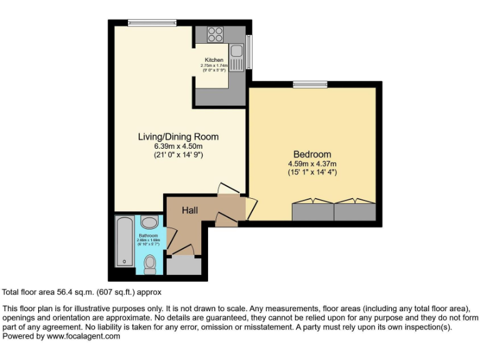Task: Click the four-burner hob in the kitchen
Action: pyautogui.click(x=216, y=34)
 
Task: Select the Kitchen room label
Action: pyautogui.click(x=209, y=61)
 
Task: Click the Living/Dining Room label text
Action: pyautogui.click(x=178, y=137)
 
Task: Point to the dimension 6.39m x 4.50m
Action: pyautogui.click(x=178, y=146)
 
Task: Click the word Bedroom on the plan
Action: pyautogui.click(x=312, y=154)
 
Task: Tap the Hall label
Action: pyautogui.click(x=190, y=211)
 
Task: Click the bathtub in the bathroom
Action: pyautogui.click(x=124, y=241)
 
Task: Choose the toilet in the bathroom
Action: pyautogui.click(x=150, y=264)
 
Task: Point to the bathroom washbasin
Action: pyautogui.click(x=149, y=222)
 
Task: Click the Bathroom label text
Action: pyautogui.click(x=149, y=236)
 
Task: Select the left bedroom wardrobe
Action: pyautogui.click(x=312, y=211)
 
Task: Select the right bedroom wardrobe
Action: pyautogui.click(x=354, y=211)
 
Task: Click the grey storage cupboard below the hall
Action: pyautogui.click(x=184, y=265)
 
